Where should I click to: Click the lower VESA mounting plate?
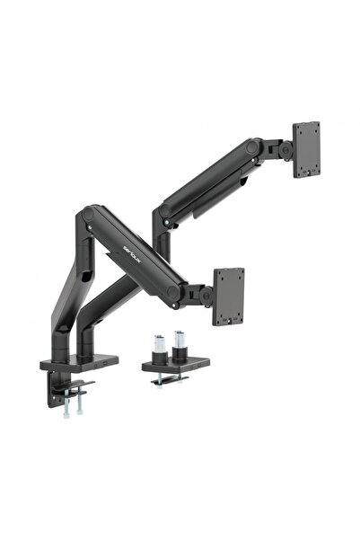point(228,297)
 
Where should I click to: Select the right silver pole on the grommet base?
point(180,343)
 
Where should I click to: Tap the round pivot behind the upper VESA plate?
point(285,149)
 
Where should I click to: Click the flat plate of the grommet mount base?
point(175,364)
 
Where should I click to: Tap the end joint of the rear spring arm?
point(261,148)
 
